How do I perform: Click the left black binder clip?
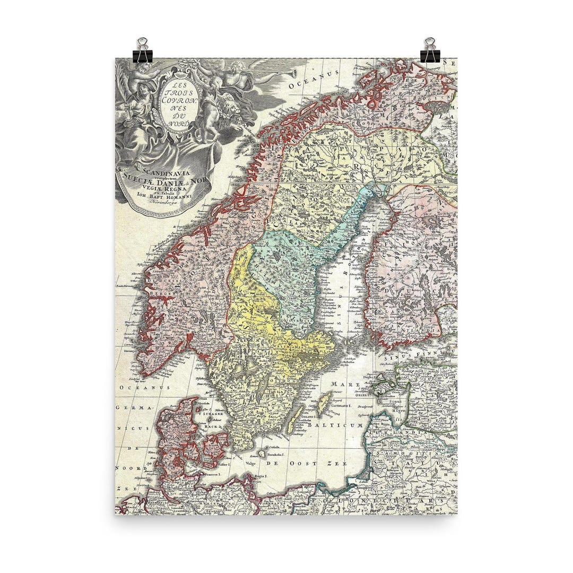(x=142, y=50)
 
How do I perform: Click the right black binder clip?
(x=430, y=50)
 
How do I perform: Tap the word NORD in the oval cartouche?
(x=178, y=123)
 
